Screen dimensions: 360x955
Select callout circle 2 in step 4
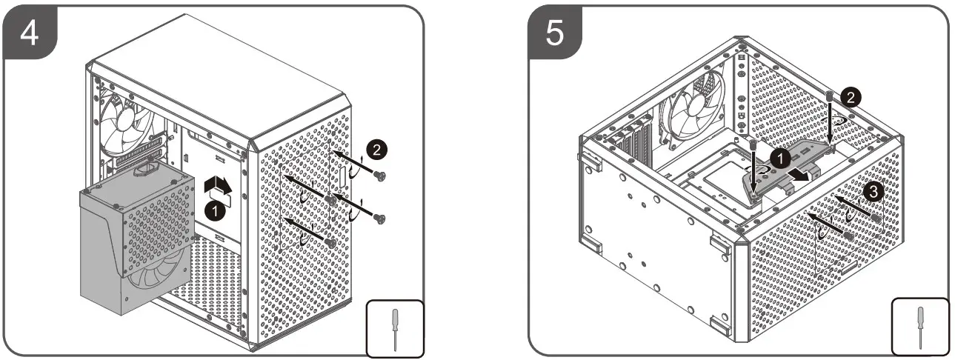(x=376, y=150)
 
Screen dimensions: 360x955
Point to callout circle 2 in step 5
(x=853, y=96)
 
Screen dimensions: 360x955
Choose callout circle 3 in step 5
(x=874, y=193)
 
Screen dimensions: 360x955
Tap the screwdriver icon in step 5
(x=920, y=327)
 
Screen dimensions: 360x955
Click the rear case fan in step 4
(x=127, y=123)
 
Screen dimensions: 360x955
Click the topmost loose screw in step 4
(x=379, y=176)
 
